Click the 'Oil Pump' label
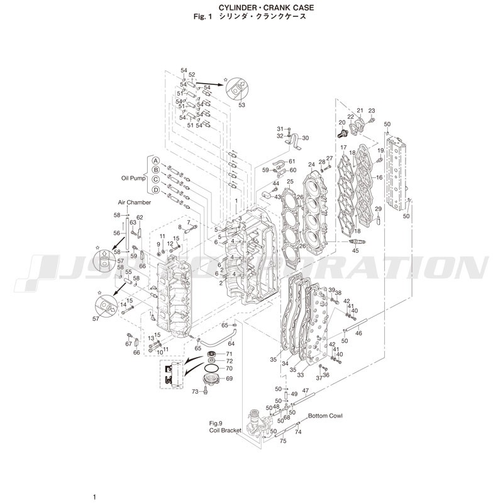coord(133,178)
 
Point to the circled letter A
coord(155,161)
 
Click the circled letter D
coord(155,190)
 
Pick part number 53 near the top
coord(241,105)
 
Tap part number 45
coord(355,251)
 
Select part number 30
coord(306,138)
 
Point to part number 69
coord(229,379)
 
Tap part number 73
coord(195,392)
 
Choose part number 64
coord(231,343)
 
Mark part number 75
coord(283,441)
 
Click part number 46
coord(358,333)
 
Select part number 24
coord(311,165)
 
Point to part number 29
coord(378,209)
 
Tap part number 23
coord(371,111)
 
